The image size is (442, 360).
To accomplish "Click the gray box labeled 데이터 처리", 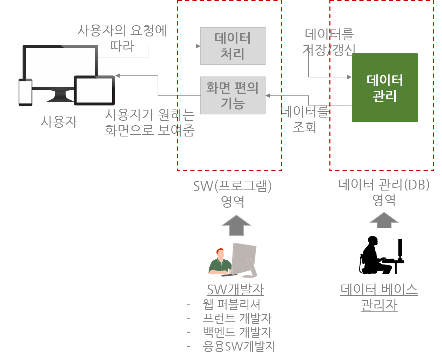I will [233, 46].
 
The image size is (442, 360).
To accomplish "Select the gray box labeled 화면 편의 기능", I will [233, 95].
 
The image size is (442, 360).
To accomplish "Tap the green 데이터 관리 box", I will [385, 88].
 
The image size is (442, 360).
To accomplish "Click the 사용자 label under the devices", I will [59, 122].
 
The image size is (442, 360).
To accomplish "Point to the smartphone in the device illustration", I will [26, 92].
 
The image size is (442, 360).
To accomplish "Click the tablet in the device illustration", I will [94, 91].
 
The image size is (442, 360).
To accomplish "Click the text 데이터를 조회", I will [304, 119].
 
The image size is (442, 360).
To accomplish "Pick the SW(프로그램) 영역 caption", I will [233, 193].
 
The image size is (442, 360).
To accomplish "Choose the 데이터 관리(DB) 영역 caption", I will [384, 192].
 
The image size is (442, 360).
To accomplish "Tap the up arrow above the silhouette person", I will [384, 220].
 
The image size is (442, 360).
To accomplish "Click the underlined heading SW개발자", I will [235, 289].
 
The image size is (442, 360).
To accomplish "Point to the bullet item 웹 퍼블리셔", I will [232, 304].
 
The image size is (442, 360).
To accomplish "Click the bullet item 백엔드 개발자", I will [237, 332].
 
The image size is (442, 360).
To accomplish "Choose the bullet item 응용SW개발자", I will [240, 346].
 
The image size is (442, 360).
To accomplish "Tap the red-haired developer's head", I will [220, 253].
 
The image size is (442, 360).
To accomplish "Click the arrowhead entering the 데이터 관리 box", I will [349, 77].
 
